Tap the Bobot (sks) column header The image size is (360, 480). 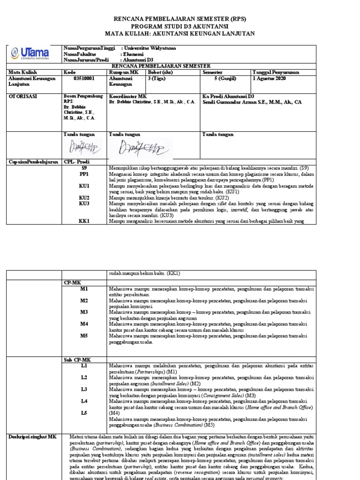click(x=160, y=73)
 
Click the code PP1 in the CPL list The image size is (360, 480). click(x=84, y=174)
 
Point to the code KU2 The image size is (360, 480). click(x=84, y=198)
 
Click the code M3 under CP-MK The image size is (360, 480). click(x=84, y=312)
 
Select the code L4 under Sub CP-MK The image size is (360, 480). click(x=84, y=401)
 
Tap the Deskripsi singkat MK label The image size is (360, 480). click(x=32, y=436)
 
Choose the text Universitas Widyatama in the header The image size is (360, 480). click(x=150, y=48)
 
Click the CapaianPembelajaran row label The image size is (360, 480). click(x=32, y=161)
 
